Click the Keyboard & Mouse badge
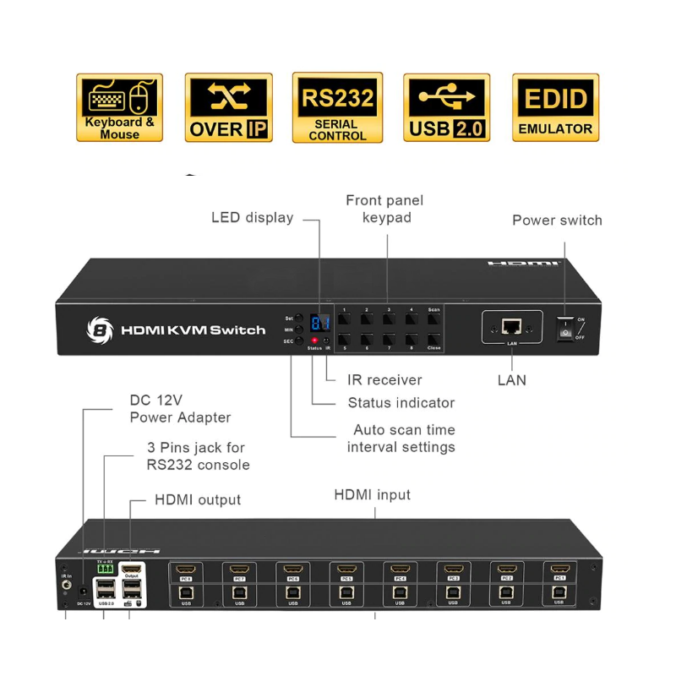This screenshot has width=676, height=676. [119, 107]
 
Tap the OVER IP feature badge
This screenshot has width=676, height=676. [228, 107]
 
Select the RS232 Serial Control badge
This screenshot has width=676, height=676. [337, 107]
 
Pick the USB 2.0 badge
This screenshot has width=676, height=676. [446, 107]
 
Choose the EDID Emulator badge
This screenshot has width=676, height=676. [555, 107]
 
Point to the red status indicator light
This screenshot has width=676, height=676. [314, 340]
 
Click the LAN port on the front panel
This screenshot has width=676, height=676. [512, 326]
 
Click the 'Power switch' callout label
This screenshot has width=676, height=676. [557, 221]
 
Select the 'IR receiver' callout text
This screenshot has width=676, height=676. [384, 380]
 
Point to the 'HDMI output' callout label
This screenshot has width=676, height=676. [198, 500]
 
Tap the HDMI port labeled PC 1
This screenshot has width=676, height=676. [559, 570]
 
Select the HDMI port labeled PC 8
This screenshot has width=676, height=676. [185, 570]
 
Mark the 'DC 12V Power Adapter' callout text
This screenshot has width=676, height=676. [180, 408]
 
